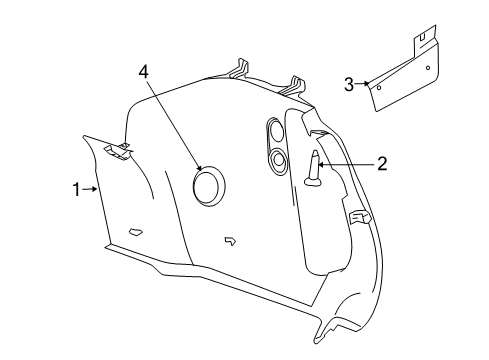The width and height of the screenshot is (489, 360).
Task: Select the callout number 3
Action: click(x=349, y=85)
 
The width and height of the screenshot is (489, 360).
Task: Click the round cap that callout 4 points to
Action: click(x=209, y=186)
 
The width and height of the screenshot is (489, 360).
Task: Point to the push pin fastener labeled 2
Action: click(x=315, y=169)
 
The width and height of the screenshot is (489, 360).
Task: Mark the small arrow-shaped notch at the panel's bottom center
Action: click(x=230, y=240)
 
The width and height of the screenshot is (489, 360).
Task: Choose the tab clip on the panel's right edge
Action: click(x=358, y=215)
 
